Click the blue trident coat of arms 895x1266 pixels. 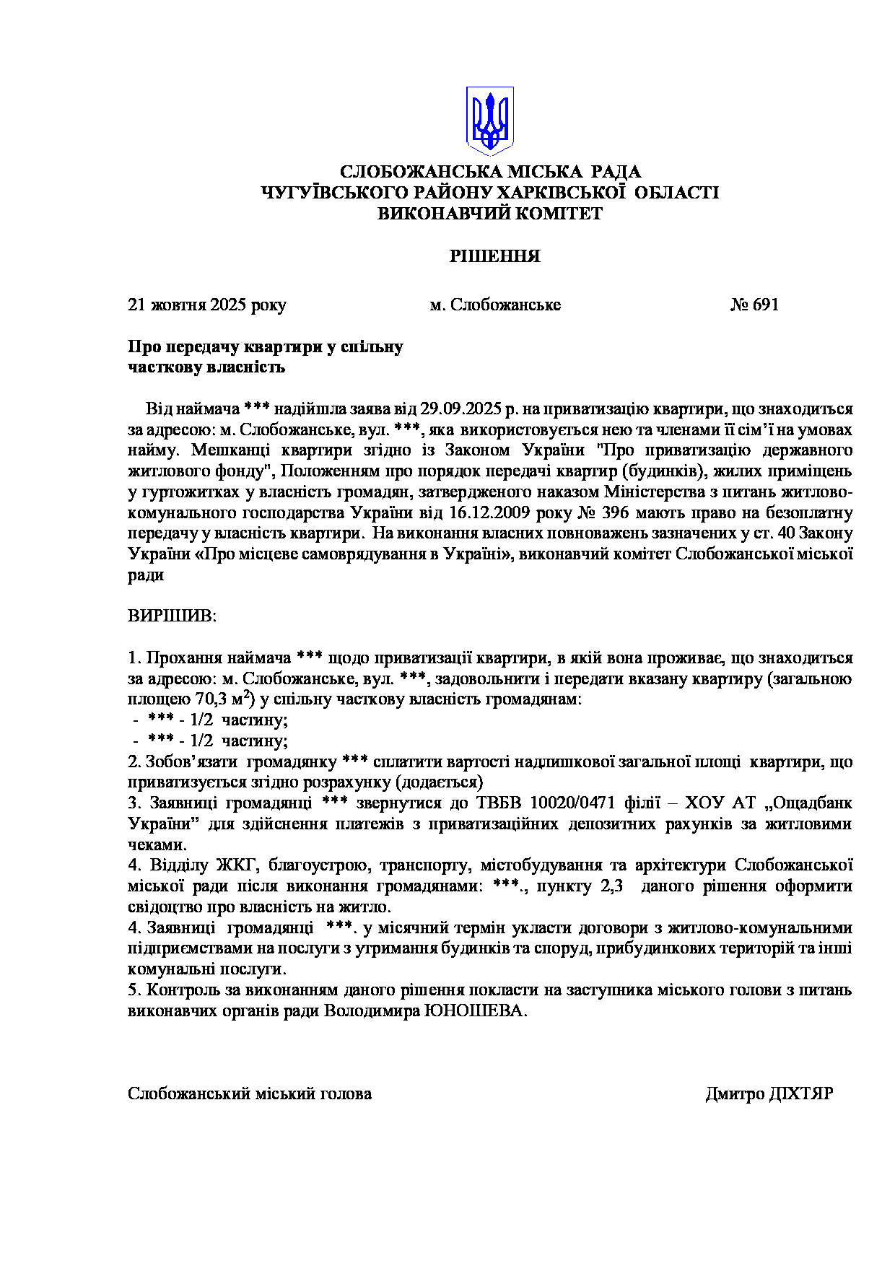click(490, 120)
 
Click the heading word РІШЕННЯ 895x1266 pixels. click(494, 257)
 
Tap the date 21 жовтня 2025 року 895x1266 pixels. click(207, 305)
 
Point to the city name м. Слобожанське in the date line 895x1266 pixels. click(495, 305)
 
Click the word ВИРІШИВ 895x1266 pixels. click(172, 616)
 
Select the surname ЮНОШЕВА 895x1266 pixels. click(479, 1010)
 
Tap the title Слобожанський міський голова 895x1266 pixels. click(250, 1093)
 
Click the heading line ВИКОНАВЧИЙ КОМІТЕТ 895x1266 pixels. click(490, 214)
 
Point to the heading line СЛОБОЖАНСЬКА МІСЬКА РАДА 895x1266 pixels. click(490, 172)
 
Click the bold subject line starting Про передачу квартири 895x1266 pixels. click(266, 347)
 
